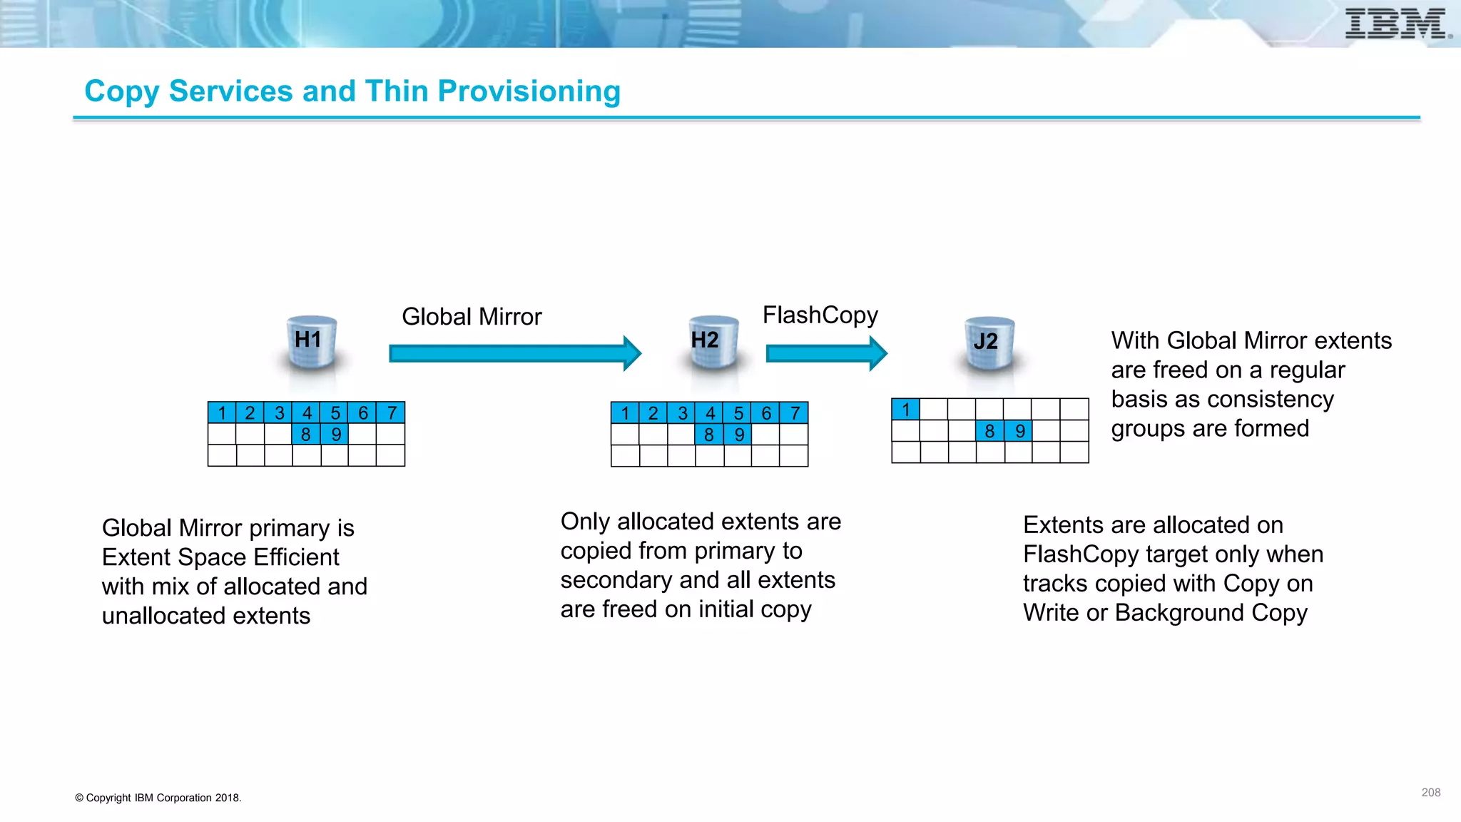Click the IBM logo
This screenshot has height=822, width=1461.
1395,24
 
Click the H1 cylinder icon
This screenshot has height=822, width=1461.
311,342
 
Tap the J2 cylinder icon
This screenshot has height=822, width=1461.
989,344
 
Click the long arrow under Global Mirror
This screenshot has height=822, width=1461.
514,353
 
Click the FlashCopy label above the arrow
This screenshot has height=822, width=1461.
820,315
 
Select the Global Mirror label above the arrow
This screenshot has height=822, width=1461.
472,317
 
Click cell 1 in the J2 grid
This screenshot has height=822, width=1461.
905,410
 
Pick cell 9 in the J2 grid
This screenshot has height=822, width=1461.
1019,431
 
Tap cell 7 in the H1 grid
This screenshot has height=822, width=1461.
391,413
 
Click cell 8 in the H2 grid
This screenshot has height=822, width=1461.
708,435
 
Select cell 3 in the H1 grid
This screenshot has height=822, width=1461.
279,413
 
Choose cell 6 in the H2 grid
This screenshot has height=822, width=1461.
765,413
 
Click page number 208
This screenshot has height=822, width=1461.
1430,793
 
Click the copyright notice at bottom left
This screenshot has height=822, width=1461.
158,798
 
